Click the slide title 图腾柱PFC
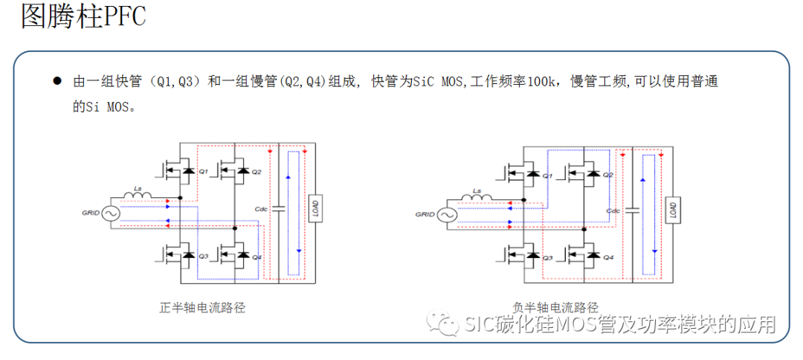point(83,16)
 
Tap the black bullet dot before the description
point(57,81)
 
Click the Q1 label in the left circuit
point(203,172)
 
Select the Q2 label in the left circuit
point(257,172)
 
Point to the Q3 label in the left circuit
point(203,257)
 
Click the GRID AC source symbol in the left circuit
point(115,213)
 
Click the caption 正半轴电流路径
point(202,307)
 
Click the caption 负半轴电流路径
point(555,307)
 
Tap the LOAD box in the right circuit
point(672,210)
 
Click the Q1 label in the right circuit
point(547,176)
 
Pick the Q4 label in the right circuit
point(607,258)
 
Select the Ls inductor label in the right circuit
point(477,191)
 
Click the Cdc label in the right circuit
point(613,210)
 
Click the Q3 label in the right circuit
point(547,258)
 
